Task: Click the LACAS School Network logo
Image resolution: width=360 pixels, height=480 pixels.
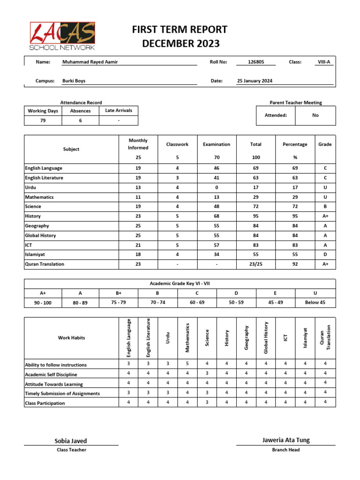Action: [x=62, y=36]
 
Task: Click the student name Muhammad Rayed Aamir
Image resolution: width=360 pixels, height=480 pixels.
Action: [x=90, y=62]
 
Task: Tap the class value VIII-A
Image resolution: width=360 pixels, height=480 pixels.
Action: [x=324, y=62]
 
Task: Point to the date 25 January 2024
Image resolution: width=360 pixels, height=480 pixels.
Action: [x=255, y=81]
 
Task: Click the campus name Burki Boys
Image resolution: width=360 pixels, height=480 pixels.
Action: [x=74, y=81]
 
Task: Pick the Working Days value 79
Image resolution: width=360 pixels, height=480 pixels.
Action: [x=43, y=120]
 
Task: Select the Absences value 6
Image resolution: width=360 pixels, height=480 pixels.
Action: [x=80, y=120]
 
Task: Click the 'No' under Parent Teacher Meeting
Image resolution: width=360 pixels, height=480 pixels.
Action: [x=315, y=115]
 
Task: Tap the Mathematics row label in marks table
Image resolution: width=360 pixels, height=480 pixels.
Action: [x=39, y=197]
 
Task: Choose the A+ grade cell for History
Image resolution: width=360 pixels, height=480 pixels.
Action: [x=325, y=216]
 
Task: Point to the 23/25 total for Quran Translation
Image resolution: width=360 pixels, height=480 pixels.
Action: [x=255, y=264]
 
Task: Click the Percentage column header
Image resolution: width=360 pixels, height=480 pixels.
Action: [x=294, y=144]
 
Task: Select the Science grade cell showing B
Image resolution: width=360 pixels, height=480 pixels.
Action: [x=325, y=206]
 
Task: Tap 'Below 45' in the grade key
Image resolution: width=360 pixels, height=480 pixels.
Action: [x=315, y=303]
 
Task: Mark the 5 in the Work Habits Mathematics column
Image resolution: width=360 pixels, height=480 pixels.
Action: [x=187, y=363]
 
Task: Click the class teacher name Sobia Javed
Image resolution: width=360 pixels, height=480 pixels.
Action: [x=71, y=441]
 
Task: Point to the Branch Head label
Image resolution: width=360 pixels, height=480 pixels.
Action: [x=285, y=450]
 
